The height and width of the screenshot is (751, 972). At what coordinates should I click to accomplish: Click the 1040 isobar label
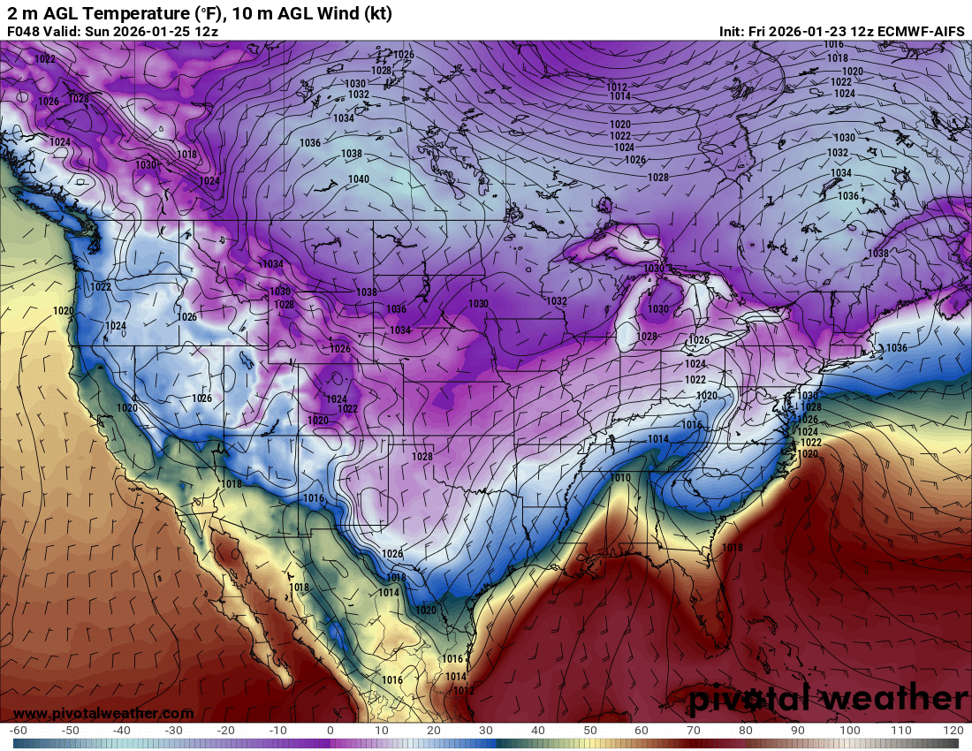tap(359, 179)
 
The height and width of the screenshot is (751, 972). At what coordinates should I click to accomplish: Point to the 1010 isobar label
tap(620, 478)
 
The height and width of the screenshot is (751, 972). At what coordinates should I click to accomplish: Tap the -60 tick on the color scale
tap(19, 731)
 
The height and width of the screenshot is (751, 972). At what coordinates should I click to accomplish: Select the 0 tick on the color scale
tap(330, 731)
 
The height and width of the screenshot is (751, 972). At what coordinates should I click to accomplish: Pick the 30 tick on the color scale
tap(486, 731)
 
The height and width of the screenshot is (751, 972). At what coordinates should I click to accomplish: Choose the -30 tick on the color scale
tap(174, 731)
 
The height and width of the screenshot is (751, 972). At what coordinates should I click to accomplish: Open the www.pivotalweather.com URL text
tap(103, 713)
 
